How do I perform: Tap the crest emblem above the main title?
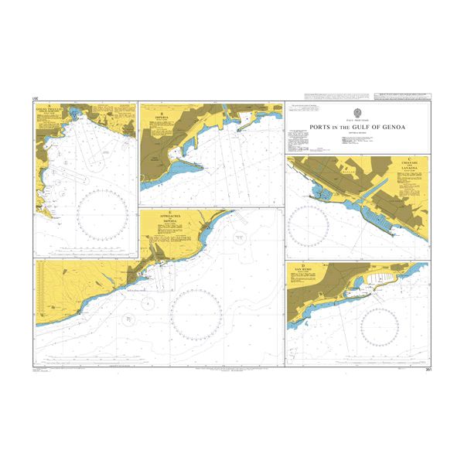[358, 111]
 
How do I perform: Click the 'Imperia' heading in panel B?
[162, 120]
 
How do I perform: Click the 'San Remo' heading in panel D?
[299, 270]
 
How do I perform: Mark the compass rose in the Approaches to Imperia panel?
[196, 313]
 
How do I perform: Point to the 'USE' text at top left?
[36, 99]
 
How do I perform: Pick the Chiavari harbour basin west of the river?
[321, 193]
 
